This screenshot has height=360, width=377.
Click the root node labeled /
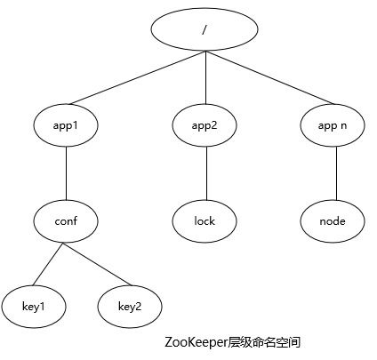(x=205, y=29)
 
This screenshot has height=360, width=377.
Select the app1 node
(x=66, y=125)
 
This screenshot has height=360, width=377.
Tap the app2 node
(x=205, y=125)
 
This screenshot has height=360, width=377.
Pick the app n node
(x=333, y=125)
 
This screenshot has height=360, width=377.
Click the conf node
(x=66, y=221)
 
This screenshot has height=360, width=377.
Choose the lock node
(x=205, y=221)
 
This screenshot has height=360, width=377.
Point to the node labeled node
(x=333, y=221)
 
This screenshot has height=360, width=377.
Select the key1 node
(x=34, y=307)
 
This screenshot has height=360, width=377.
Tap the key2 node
(x=130, y=307)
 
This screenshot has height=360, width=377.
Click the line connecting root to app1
(x=138, y=77)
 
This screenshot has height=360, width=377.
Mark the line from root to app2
(x=205, y=77)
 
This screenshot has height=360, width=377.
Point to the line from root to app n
(x=270, y=77)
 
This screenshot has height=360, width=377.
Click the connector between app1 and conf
(x=66, y=173)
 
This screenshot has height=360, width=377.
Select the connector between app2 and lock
(x=206, y=173)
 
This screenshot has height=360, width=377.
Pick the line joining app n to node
(x=336, y=173)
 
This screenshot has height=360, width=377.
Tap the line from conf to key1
(x=48, y=264)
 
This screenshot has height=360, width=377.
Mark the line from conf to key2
(x=97, y=264)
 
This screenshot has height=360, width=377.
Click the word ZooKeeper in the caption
(x=196, y=342)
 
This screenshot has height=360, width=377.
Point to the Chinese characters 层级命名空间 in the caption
(x=264, y=342)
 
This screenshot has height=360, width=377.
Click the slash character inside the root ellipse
(x=204, y=29)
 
